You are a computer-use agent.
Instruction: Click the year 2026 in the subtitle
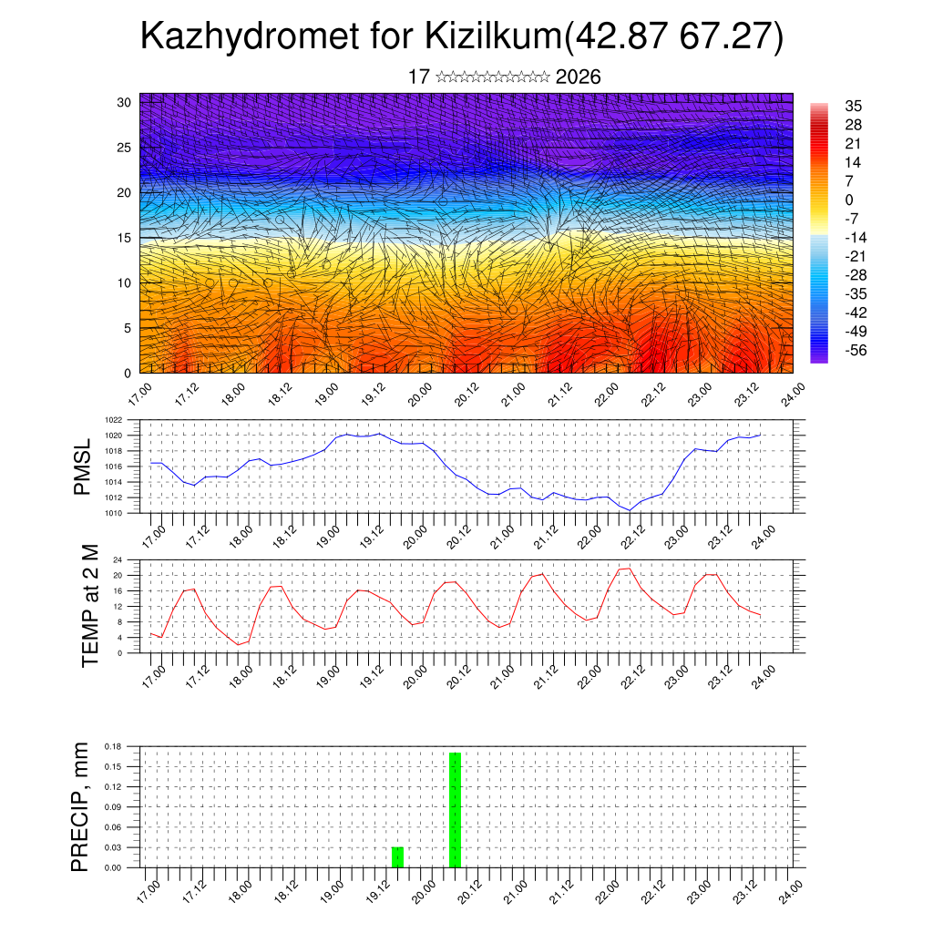578,77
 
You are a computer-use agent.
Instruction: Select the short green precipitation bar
397,857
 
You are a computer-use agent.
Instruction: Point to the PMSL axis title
83,466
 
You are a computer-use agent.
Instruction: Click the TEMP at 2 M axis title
89,605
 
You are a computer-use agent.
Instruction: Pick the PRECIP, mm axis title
82,806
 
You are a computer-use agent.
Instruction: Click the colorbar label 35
853,106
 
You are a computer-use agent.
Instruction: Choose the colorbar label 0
849,200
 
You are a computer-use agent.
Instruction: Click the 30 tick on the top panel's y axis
124,102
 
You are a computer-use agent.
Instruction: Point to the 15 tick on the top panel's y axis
124,238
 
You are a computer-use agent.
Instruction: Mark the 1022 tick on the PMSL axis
113,420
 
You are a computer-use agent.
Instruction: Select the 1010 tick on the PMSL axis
113,513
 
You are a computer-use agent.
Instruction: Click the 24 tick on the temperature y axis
118,559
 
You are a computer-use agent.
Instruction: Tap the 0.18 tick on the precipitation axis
112,746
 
